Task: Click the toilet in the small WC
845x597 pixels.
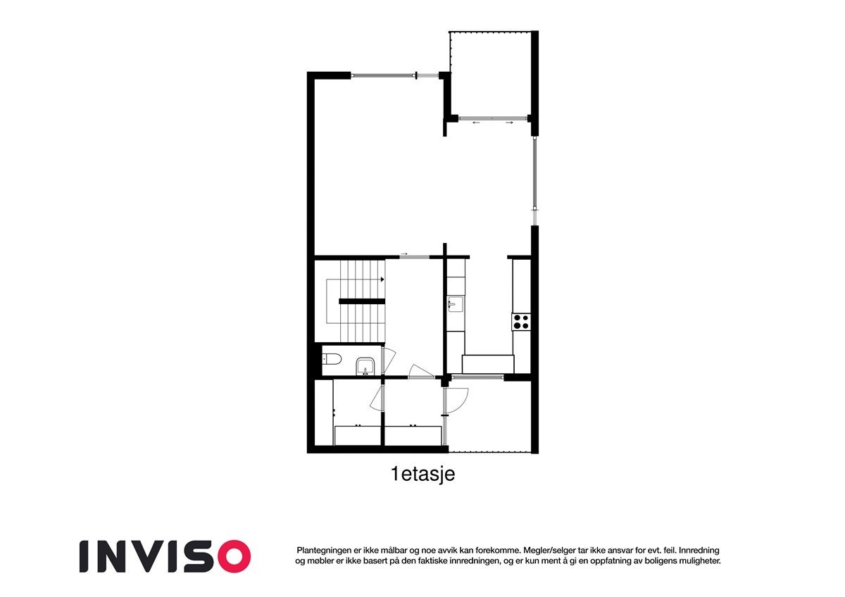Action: tap(332, 360)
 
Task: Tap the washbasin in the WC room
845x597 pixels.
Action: tap(365, 365)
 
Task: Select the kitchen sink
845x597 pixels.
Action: tap(455, 304)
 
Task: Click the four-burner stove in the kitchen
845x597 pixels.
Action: tap(521, 322)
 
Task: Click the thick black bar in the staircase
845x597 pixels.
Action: tap(363, 301)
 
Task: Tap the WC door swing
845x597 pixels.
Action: tap(387, 360)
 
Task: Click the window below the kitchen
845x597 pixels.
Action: tap(477, 378)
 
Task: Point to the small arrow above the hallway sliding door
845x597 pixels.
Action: tap(404, 253)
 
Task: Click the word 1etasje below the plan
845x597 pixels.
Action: tap(423, 475)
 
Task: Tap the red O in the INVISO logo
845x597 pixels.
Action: tap(232, 555)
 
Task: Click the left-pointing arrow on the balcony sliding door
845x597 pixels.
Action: tap(476, 122)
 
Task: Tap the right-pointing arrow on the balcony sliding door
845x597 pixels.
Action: tap(509, 122)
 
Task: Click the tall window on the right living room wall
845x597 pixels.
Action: tap(535, 174)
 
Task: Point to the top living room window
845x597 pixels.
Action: tap(384, 75)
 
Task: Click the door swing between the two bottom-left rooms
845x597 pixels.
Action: tap(377, 399)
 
